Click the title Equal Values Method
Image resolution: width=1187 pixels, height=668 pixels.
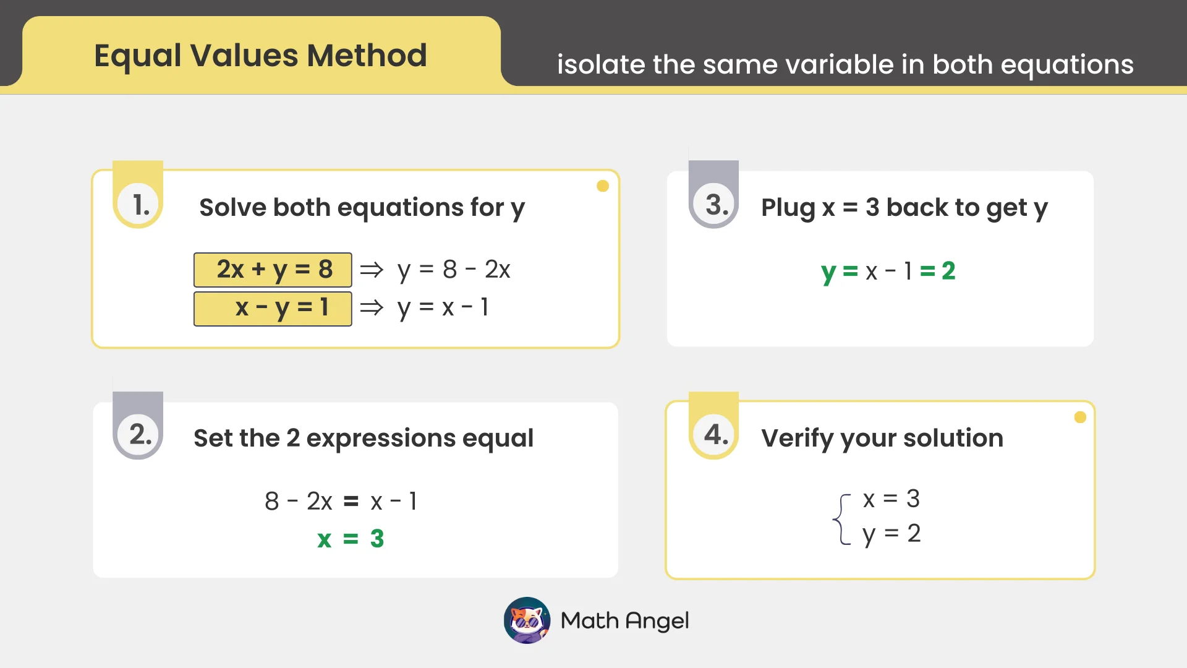260,56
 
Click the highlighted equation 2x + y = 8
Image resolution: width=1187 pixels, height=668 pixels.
273,270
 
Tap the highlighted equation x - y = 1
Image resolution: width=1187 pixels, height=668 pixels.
273,308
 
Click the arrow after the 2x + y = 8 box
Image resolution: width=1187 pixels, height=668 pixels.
372,270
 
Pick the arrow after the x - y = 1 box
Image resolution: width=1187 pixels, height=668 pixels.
372,307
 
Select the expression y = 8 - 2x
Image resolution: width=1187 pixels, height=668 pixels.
454,270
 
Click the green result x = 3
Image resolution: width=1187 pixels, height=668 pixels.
351,539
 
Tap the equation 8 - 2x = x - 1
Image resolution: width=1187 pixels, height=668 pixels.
341,501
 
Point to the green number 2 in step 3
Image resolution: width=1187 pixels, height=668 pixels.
948,271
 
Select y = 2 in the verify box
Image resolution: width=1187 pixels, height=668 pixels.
891,534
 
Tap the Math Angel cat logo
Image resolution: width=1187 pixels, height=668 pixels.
527,620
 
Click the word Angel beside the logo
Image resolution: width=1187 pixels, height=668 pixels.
657,620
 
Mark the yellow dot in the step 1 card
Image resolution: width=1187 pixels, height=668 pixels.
603,186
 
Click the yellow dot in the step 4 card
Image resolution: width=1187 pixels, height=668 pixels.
1080,417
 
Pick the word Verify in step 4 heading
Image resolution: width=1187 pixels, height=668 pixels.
798,439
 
